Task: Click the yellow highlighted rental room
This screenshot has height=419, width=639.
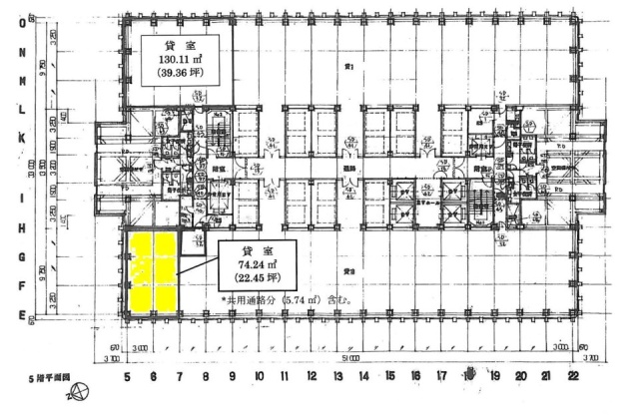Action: (153, 270)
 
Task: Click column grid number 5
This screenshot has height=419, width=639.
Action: (127, 376)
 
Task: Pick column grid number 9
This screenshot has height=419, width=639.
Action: (232, 376)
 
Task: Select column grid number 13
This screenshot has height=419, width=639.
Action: (337, 376)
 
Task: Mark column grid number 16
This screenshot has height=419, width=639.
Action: (415, 376)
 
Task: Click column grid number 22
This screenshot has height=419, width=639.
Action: (572, 376)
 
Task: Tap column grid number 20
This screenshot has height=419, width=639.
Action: (520, 376)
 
